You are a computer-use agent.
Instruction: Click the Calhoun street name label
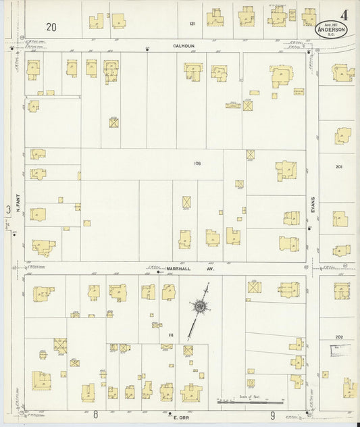point(184,47)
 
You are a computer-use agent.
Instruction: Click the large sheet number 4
point(345,14)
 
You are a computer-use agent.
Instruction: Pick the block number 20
point(52,27)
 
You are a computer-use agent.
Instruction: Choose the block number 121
point(192,24)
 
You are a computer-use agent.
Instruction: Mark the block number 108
point(198,164)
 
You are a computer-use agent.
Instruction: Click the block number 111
point(171,335)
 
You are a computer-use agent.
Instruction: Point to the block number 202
point(339,336)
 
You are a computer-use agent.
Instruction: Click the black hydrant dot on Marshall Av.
point(157,272)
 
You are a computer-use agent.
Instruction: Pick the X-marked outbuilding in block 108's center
point(186,202)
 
